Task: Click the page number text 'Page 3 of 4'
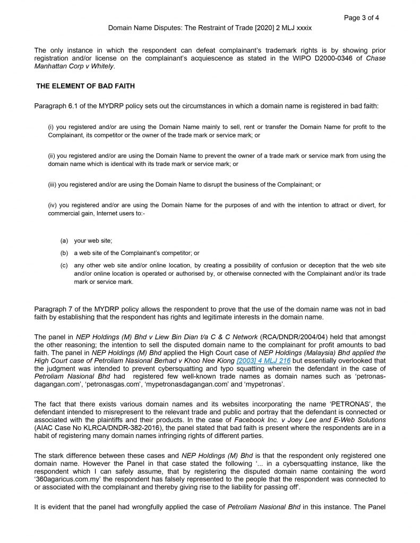[x=362, y=17]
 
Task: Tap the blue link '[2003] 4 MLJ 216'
[x=263, y=361]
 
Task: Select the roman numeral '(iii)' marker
[x=53, y=185]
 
